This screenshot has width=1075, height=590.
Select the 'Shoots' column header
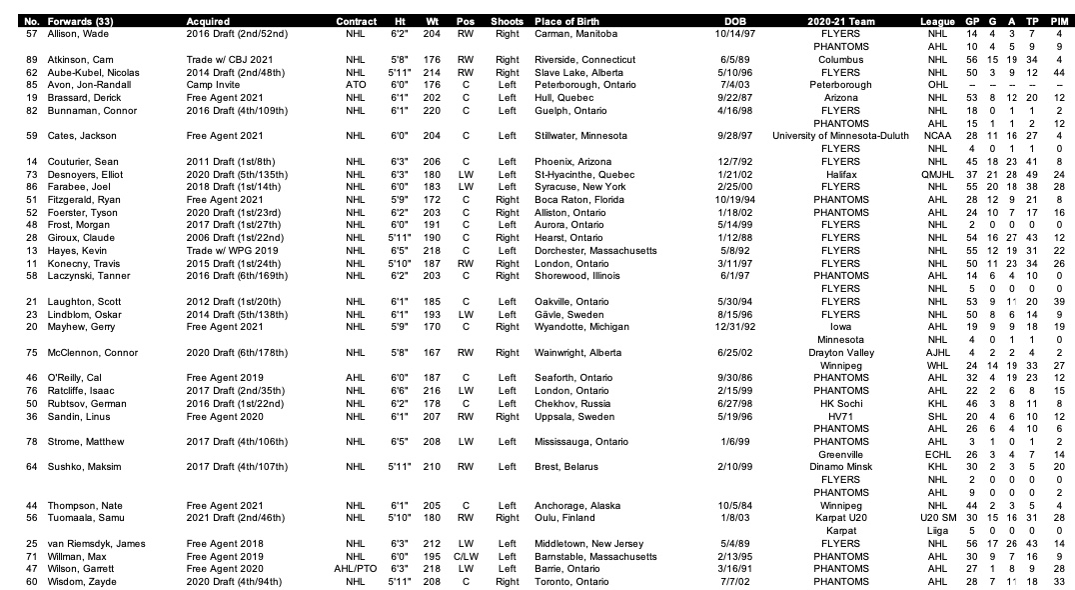pyautogui.click(x=514, y=21)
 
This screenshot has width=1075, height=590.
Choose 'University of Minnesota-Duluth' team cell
pyautogui.click(x=840, y=135)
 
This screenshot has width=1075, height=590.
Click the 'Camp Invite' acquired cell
pyautogui.click(x=214, y=85)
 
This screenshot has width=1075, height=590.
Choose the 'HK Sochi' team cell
pyautogui.click(x=840, y=402)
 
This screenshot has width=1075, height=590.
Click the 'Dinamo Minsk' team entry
pyautogui.click(x=840, y=466)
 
